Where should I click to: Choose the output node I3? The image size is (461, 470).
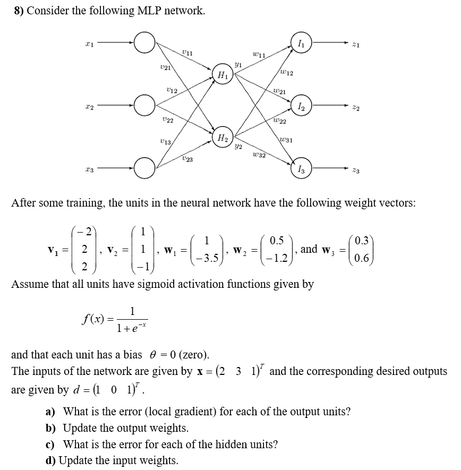[301, 169]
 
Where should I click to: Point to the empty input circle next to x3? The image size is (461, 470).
[144, 169]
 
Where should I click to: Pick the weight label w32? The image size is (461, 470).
[259, 155]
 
